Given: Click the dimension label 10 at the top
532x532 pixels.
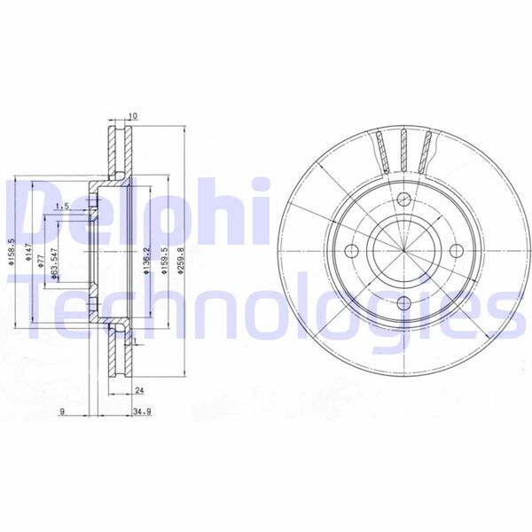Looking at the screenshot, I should coord(133,116).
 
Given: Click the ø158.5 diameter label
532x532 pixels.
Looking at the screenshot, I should coord(12,257).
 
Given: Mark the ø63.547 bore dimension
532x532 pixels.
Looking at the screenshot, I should coord(55,264).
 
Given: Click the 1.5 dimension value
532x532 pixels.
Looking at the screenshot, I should coord(62,207).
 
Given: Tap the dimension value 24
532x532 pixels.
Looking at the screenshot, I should coord(139,390).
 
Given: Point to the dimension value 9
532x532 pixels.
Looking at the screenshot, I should coord(62,412).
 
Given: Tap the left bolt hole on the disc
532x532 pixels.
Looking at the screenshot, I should coord(350,250).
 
